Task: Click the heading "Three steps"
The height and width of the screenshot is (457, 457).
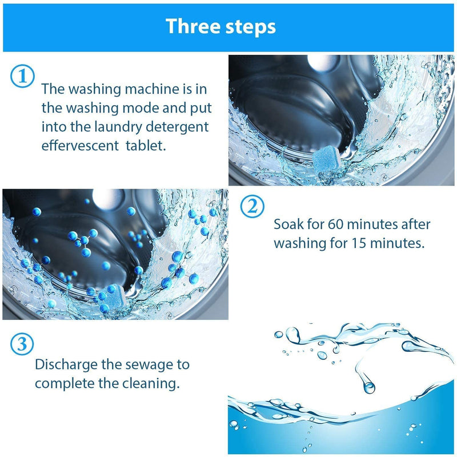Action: click(221, 26)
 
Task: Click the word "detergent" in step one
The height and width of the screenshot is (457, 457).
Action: click(181, 126)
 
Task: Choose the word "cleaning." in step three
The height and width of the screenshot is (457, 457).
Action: click(150, 382)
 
